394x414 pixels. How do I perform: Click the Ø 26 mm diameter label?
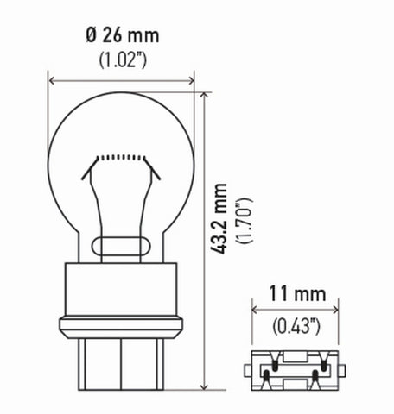(123, 35)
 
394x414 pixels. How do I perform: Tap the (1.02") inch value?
(123, 60)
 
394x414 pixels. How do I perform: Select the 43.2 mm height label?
(219, 218)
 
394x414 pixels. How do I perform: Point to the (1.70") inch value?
(245, 221)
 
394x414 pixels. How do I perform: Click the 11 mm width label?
(297, 294)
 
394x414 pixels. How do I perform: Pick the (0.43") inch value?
(296, 327)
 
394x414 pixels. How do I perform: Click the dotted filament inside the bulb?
(121, 157)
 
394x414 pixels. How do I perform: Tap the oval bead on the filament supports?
(121, 247)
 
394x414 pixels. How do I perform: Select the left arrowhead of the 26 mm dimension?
(52, 81)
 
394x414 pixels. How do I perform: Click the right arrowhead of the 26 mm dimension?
(191, 81)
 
